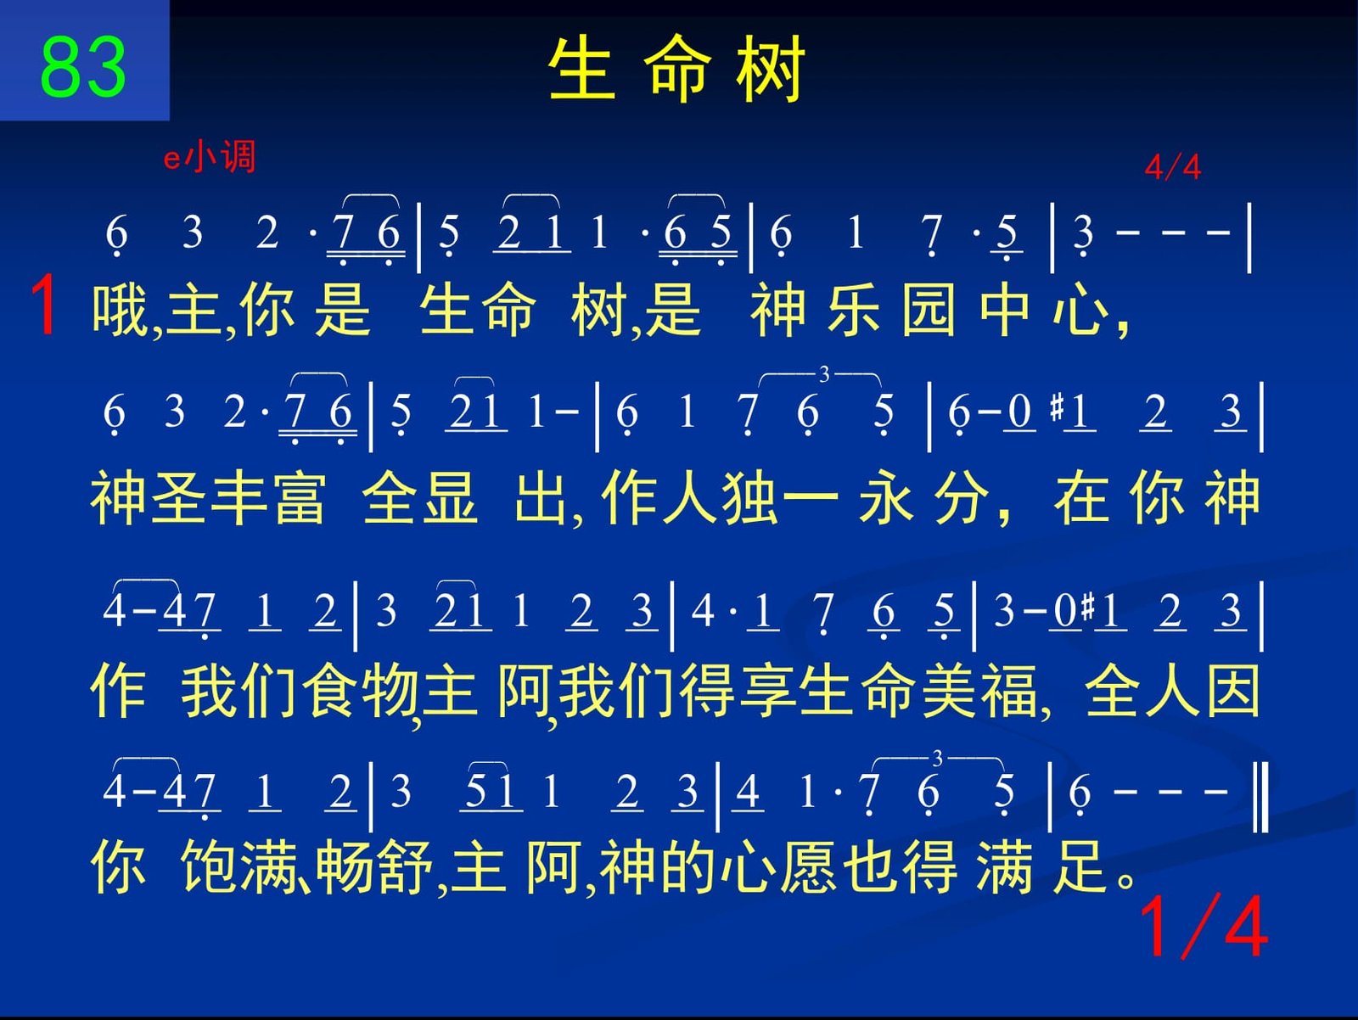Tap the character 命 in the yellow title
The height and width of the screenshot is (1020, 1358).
click(677, 68)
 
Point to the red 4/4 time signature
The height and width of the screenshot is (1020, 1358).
click(1172, 167)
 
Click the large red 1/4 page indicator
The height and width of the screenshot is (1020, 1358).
click(1204, 927)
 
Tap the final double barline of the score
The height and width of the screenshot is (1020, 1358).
click(1263, 797)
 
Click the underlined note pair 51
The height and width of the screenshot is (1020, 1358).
click(490, 792)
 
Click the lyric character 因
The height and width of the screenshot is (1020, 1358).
click(1233, 690)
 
